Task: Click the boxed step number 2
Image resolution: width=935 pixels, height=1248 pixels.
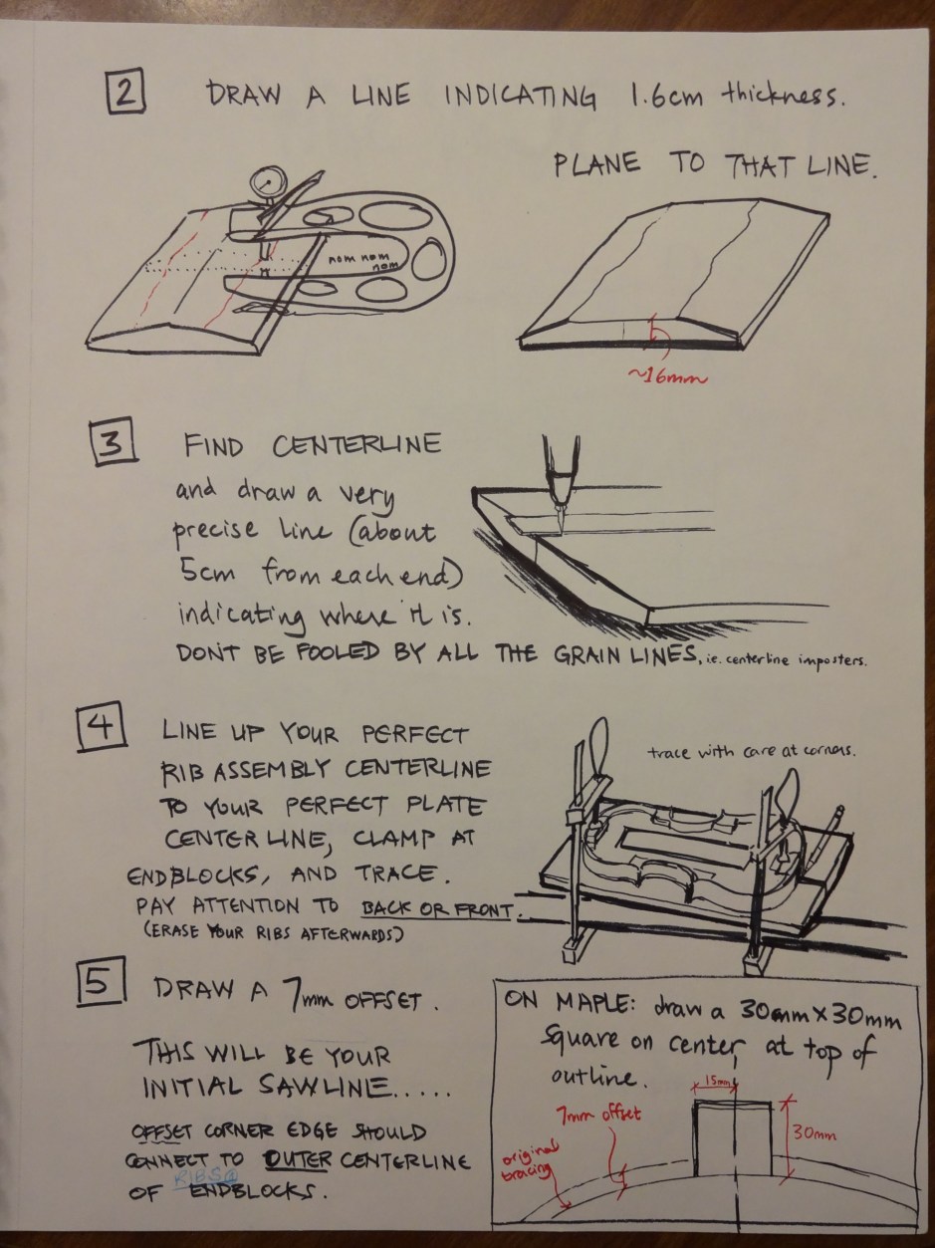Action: click(125, 92)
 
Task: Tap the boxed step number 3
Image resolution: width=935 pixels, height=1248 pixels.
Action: click(114, 441)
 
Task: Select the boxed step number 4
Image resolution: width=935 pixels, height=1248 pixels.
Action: click(102, 727)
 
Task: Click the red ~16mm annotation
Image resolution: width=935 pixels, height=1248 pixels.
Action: click(668, 375)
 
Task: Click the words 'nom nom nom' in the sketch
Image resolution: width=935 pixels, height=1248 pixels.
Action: click(364, 262)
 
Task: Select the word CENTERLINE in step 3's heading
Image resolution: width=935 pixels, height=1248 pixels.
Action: click(356, 444)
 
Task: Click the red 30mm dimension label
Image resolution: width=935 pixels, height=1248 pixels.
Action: click(814, 1133)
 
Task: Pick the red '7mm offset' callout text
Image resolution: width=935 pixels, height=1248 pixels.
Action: click(598, 1114)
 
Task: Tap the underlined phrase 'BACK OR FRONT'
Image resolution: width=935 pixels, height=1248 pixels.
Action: click(437, 909)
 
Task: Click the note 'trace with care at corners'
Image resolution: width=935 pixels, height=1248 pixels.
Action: click(752, 752)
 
